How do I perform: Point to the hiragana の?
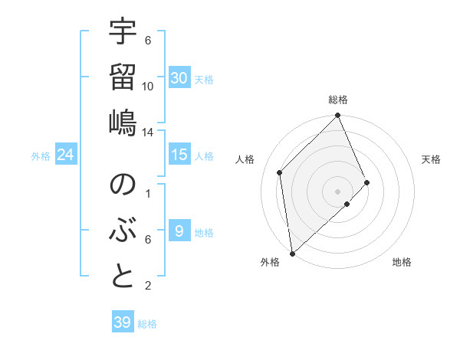123,186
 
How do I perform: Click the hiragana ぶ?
123,231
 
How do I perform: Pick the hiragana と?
123,276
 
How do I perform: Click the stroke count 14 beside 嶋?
148,132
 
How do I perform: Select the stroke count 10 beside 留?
148,86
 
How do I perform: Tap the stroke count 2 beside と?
148,286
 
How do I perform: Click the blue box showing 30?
179,77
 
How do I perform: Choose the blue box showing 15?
179,155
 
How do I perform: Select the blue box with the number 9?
179,231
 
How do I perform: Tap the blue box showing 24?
66,155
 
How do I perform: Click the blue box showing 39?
123,322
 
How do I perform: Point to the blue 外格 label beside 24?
41,156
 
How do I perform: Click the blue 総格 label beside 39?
147,324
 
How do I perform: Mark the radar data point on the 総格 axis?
337,116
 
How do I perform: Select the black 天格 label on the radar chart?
431,159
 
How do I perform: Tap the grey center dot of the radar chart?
337,190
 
